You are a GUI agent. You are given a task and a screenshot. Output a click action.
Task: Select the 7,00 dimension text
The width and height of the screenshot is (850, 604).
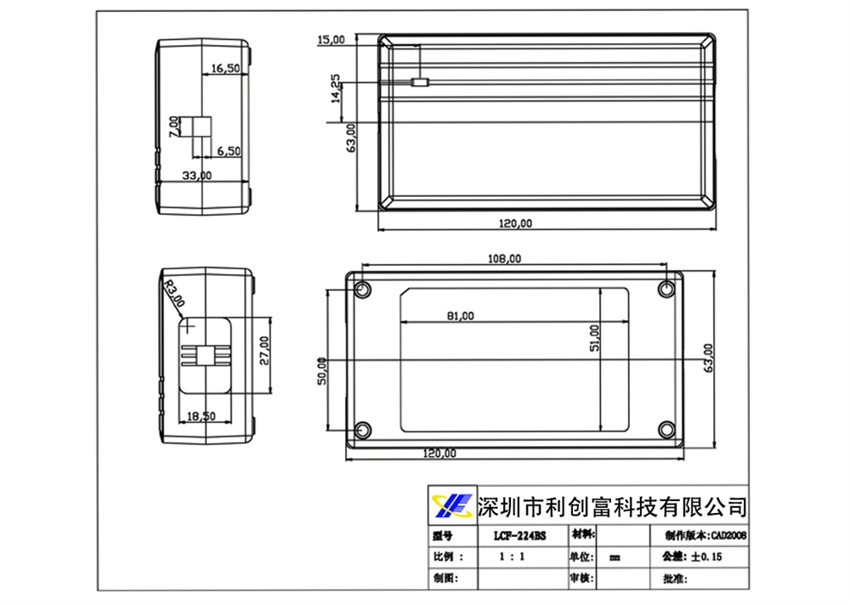click(x=174, y=127)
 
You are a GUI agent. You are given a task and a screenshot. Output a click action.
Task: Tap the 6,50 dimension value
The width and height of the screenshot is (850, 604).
click(x=229, y=150)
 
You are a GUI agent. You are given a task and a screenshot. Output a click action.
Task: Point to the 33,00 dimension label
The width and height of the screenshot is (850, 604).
click(x=198, y=175)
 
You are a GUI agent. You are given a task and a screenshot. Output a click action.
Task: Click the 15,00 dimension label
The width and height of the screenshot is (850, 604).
click(x=331, y=39)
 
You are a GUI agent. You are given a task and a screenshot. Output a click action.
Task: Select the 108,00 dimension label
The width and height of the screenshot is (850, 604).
click(x=504, y=259)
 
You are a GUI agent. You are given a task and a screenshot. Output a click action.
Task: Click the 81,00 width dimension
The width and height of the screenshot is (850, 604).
click(x=460, y=315)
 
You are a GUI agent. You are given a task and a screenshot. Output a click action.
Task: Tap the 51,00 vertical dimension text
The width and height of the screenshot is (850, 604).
click(x=594, y=337)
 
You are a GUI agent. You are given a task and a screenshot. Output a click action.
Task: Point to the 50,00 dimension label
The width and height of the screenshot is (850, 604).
click(x=321, y=370)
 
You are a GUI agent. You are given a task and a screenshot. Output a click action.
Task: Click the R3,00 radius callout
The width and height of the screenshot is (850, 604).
click(x=173, y=294)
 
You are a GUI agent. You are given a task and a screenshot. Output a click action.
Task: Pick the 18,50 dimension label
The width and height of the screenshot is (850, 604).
click(x=201, y=416)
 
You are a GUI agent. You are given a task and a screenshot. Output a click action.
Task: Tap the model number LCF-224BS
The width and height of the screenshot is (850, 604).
click(x=519, y=536)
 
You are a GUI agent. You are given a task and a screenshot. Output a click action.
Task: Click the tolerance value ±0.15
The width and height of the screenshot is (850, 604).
click(x=706, y=557)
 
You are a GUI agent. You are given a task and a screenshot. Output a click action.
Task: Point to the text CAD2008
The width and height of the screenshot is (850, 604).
click(x=729, y=536)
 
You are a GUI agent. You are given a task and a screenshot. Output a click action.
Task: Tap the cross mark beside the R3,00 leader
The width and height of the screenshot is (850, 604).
click(x=189, y=325)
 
